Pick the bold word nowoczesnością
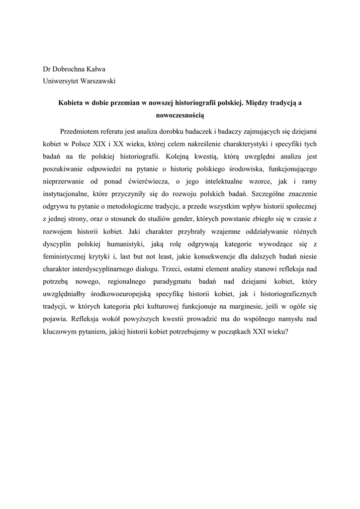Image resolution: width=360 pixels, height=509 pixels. pos(180,114)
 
